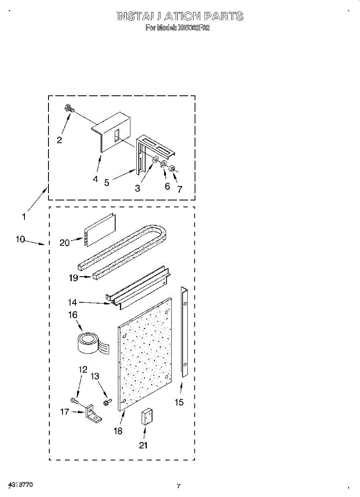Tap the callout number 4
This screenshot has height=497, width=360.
[96, 179]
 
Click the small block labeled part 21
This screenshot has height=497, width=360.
[146, 417]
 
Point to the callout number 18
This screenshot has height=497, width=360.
[118, 431]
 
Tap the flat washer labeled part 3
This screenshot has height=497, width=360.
[156, 160]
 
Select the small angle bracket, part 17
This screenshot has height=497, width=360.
[94, 415]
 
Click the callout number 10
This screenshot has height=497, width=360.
[21, 239]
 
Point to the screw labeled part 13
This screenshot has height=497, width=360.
[107, 402]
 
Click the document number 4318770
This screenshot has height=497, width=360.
[21, 485]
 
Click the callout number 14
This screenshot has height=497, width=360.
[73, 303]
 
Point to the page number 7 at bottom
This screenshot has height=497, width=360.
[179, 486]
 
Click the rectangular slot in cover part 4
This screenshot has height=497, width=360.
[117, 136]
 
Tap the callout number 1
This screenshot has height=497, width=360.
[24, 216]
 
